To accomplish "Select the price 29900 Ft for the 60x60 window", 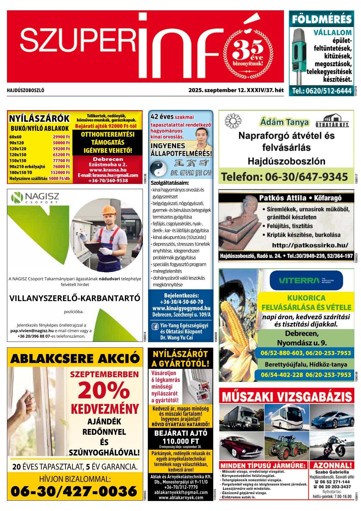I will pos(61,137).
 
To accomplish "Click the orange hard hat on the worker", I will pos(109,210).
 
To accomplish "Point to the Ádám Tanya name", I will pos(284,122).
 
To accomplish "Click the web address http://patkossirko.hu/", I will pos(310,245).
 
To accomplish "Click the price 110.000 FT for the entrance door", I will pos(180,441).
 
